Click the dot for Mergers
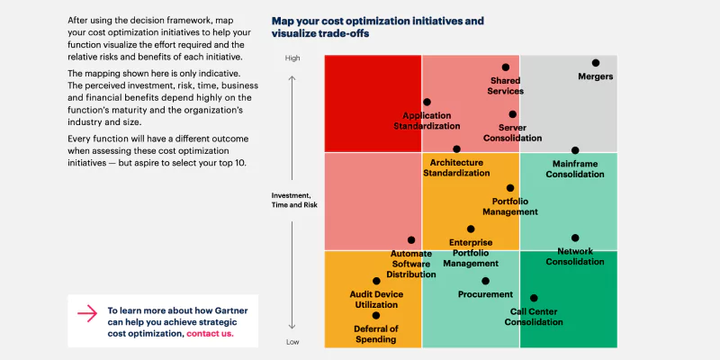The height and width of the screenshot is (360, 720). pos(596,63)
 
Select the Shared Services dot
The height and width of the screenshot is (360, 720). pos(506,67)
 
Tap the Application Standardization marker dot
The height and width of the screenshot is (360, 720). pos(427,103)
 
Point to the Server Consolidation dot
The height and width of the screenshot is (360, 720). pos(513,114)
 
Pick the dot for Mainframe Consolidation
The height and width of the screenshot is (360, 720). pos(576,150)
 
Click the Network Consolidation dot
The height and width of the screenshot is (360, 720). pos(575,238)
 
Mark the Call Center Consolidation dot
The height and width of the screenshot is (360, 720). pos(534,298)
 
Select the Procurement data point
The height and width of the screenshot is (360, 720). pos(486,281)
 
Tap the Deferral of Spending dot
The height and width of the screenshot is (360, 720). pos(376,315)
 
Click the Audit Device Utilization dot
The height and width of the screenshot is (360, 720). pos(376,282)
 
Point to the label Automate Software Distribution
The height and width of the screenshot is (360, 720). pos(410,264)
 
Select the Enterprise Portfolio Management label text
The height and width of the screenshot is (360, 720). pos(471,253)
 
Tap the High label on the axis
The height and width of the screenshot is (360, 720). pos(292,58)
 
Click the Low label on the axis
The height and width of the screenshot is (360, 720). pos(292,342)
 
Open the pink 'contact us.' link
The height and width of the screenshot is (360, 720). pos(210,333)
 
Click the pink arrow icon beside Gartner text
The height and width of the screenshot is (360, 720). pos(86,313)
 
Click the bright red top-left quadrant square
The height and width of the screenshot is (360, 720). pos(373,103)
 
